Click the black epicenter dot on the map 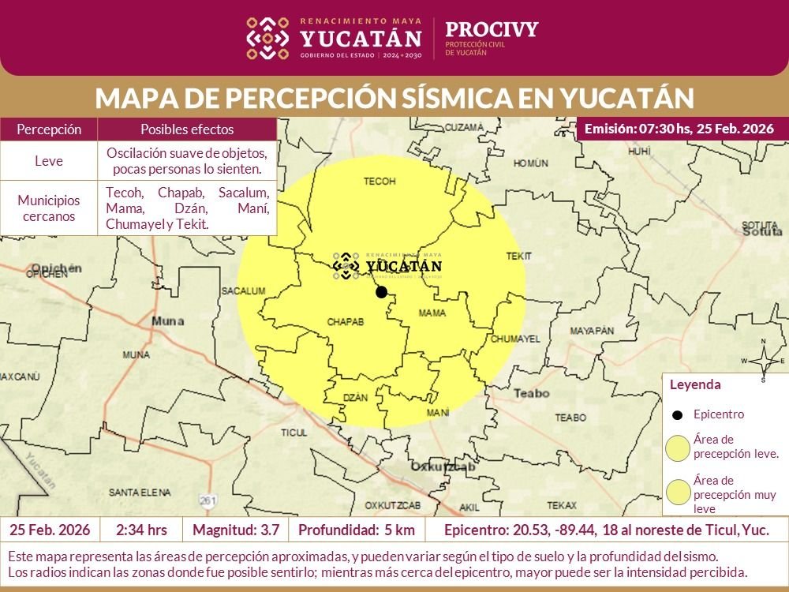[381, 292]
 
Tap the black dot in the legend [677, 414]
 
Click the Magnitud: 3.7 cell [234, 529]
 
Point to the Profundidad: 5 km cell [356, 529]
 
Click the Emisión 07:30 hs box [679, 129]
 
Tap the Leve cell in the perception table [49, 161]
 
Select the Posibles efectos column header [187, 129]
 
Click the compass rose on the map [763, 361]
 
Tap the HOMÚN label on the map [530, 163]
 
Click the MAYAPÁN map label [591, 330]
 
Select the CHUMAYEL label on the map [515, 339]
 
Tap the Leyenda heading [695, 385]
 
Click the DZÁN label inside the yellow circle [356, 398]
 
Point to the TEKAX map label [562, 505]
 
